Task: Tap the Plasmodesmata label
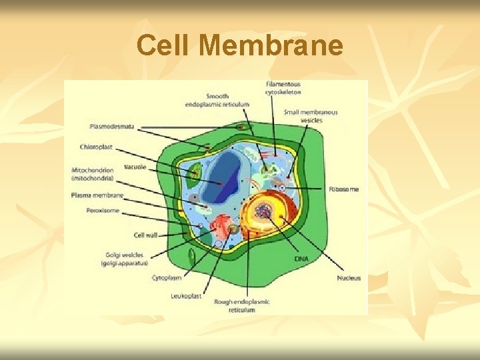click(x=112, y=126)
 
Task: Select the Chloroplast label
click(x=96, y=147)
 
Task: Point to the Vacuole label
click(x=135, y=167)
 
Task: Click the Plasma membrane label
click(x=97, y=195)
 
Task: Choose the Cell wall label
click(x=146, y=235)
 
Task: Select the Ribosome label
click(x=343, y=189)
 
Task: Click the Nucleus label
click(x=349, y=277)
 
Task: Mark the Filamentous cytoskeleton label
click(x=283, y=89)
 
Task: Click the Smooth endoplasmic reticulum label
click(x=227, y=100)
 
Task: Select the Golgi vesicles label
click(x=124, y=259)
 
